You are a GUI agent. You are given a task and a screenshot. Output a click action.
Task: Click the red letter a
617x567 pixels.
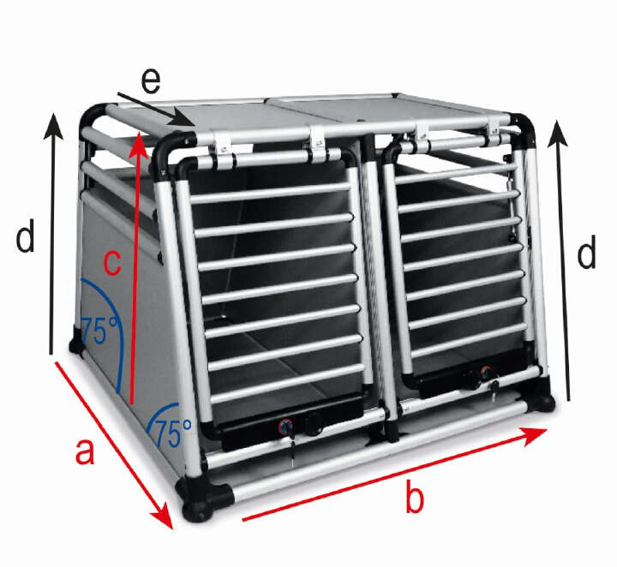[83, 451]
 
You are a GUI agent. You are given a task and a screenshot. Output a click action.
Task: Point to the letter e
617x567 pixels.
[151, 82]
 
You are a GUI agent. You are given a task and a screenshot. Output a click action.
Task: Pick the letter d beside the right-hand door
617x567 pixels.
[585, 254]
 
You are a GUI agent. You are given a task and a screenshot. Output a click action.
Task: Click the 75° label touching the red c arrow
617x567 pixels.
[101, 331]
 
